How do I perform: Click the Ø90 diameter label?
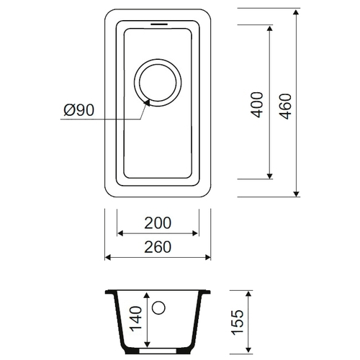point(79,110)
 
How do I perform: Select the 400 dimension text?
point(256,104)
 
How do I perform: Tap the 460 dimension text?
point(286,107)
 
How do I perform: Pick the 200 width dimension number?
point(158,223)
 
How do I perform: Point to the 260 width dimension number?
point(158,247)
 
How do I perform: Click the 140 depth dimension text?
point(136,319)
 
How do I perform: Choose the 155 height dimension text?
point(238,322)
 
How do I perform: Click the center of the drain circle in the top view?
point(158,83)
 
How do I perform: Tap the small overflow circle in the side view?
point(158,307)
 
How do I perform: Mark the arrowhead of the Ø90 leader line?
point(147,102)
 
